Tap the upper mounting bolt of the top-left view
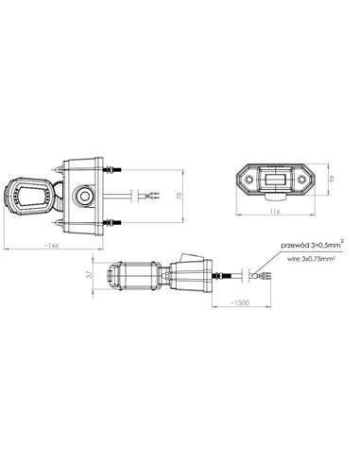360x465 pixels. (x=114, y=171)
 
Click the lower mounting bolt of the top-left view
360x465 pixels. (x=114, y=223)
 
